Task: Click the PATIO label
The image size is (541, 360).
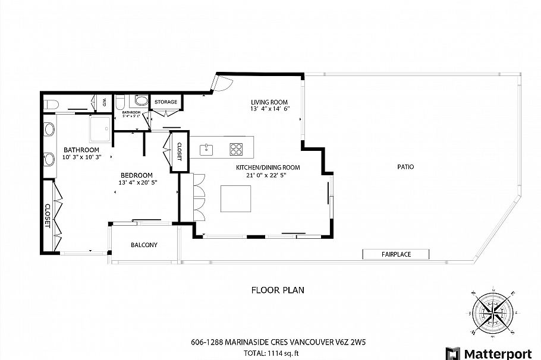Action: (x=405, y=167)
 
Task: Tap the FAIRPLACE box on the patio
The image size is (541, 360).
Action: (x=397, y=254)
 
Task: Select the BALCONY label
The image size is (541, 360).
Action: (x=144, y=245)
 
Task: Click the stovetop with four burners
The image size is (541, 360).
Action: (x=236, y=148)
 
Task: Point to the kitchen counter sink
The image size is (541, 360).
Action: (x=207, y=148)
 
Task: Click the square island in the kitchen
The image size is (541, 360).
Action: (x=236, y=198)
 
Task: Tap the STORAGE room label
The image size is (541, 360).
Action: (x=166, y=102)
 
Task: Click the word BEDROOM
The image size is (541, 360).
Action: (x=137, y=175)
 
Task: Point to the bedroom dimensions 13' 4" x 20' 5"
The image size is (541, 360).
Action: (x=137, y=183)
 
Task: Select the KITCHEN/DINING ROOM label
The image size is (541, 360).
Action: (x=268, y=168)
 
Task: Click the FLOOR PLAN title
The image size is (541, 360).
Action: (x=278, y=290)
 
